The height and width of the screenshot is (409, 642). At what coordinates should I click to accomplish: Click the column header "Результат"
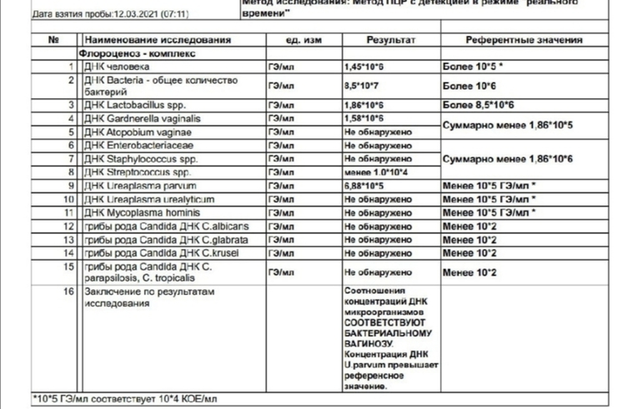(391, 40)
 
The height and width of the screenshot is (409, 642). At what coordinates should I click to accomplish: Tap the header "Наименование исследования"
(157, 40)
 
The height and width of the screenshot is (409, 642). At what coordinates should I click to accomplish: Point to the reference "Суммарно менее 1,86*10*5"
(509, 125)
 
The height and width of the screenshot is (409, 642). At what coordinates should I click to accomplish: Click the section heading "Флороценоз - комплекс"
(137, 52)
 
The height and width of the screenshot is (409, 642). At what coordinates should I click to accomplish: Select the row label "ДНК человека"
(117, 65)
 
